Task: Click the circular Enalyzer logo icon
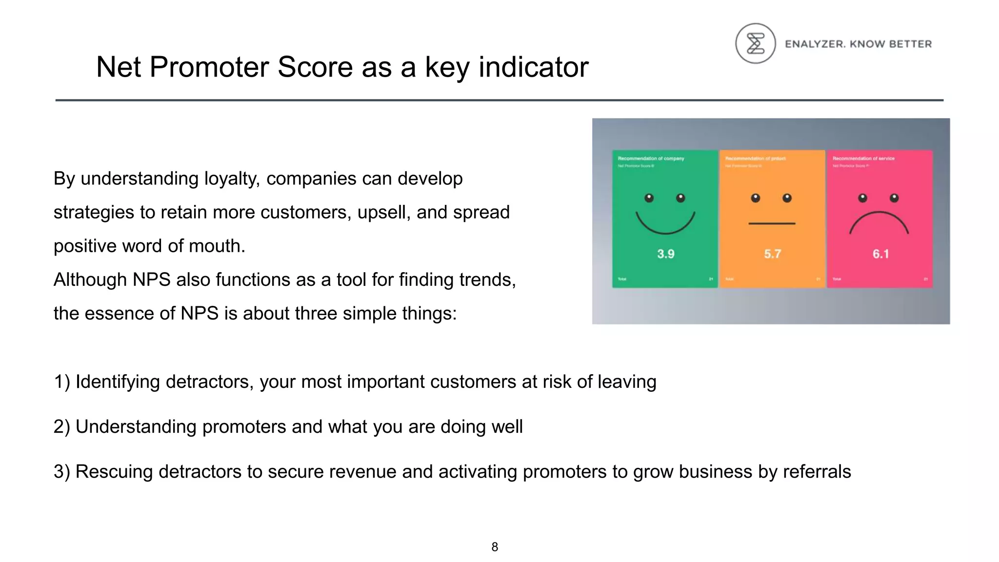(755, 43)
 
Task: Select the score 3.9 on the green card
(665, 254)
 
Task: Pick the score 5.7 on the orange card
(772, 254)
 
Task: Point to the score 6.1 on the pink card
(880, 254)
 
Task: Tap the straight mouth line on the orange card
(772, 223)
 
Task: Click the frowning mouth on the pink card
(879, 222)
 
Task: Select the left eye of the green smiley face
(649, 198)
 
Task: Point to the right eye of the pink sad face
(894, 198)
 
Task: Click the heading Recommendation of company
(651, 159)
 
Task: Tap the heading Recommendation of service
(863, 159)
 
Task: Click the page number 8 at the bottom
(495, 547)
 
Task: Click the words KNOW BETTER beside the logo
(890, 44)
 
